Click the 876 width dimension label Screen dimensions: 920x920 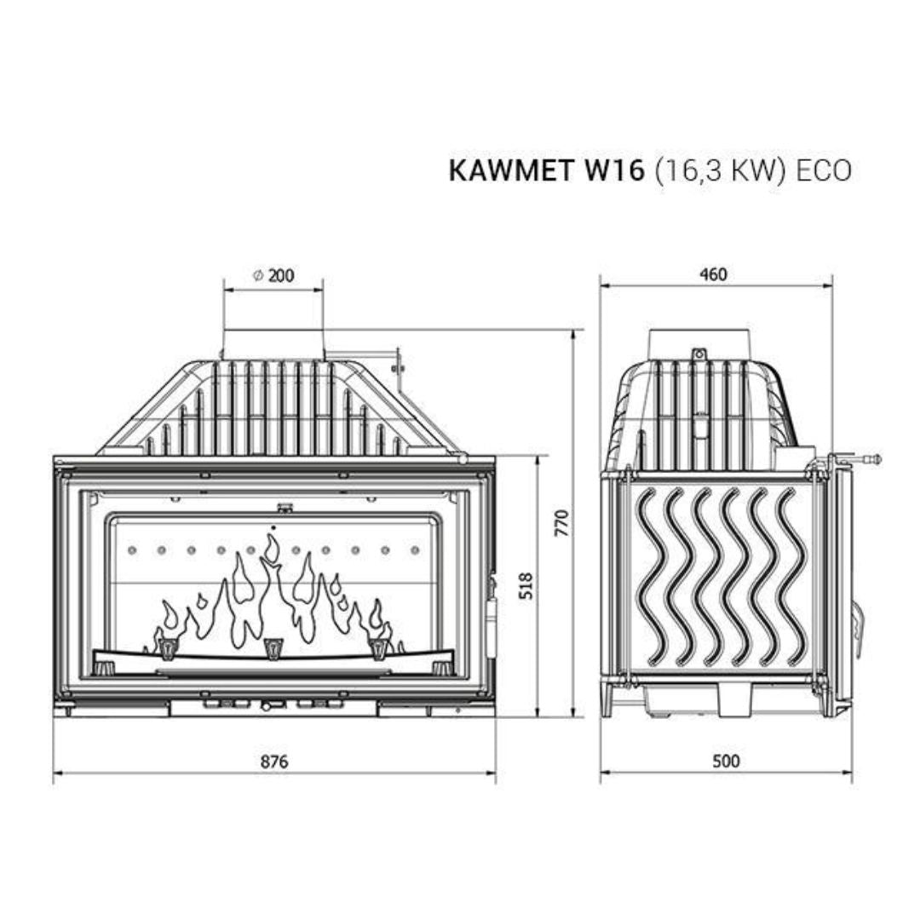click(x=274, y=761)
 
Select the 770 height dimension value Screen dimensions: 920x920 click(x=560, y=522)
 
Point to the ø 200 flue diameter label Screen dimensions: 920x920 click(x=273, y=274)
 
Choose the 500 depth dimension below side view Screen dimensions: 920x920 click(x=725, y=761)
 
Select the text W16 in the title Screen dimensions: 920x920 click(x=615, y=170)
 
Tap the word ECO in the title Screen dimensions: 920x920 click(x=823, y=170)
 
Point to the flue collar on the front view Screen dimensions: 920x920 click(x=273, y=344)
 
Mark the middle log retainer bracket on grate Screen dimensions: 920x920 click(x=273, y=648)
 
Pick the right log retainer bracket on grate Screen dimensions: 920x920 click(x=378, y=648)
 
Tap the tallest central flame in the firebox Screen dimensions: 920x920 click(x=271, y=588)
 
